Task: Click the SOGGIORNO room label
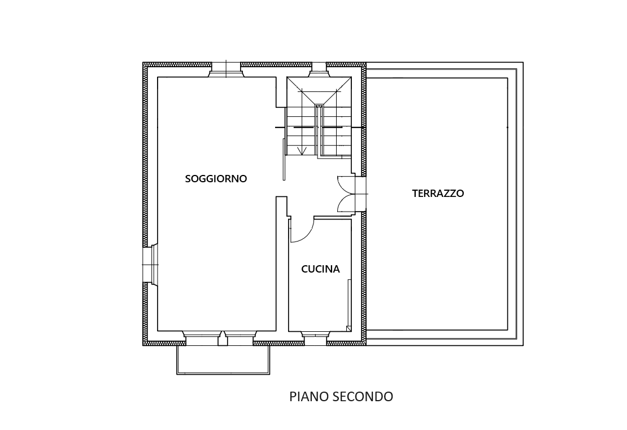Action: click(x=216, y=179)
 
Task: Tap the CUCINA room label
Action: click(x=320, y=269)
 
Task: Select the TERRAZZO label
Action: click(x=438, y=194)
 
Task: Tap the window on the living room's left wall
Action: click(x=151, y=265)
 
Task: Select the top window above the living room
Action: click(x=226, y=69)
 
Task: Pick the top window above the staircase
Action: click(x=319, y=69)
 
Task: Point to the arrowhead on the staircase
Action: click(x=302, y=151)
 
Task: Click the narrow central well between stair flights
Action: click(x=319, y=130)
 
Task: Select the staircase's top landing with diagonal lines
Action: click(x=319, y=91)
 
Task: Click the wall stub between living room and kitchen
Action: click(x=281, y=264)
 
